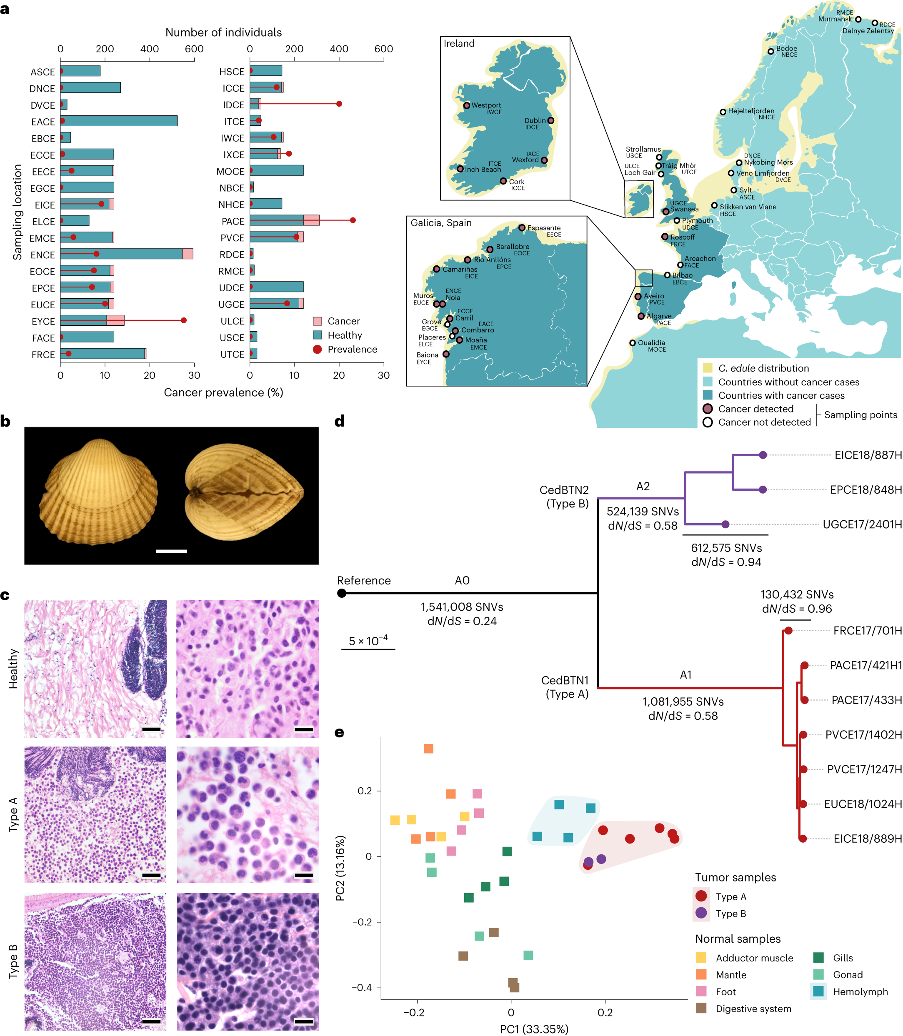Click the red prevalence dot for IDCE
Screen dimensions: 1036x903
pos(339,104)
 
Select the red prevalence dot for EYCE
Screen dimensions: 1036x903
pos(183,320)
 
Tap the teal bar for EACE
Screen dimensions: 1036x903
pos(119,121)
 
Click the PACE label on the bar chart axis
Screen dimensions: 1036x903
pos(233,222)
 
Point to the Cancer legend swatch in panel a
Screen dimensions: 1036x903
pos(318,321)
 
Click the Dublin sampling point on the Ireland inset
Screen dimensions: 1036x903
pos(551,120)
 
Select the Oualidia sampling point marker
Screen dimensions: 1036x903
pos(633,343)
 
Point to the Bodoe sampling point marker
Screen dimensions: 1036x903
pos(770,51)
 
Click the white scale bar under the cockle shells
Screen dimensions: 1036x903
pos(171,551)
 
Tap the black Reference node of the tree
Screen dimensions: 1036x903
pos(342,593)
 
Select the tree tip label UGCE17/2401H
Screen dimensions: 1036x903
pos(862,525)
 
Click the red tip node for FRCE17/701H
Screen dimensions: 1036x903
pos(788,631)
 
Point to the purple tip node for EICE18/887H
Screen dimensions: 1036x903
pos(763,455)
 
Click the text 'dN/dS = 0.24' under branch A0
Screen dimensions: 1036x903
pos(462,622)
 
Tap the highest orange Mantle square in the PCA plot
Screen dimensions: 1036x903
pos(428,749)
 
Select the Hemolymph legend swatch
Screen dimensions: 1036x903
pos(818,991)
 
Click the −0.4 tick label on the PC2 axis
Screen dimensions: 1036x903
pos(361,987)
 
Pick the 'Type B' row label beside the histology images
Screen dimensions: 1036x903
pos(13,961)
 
